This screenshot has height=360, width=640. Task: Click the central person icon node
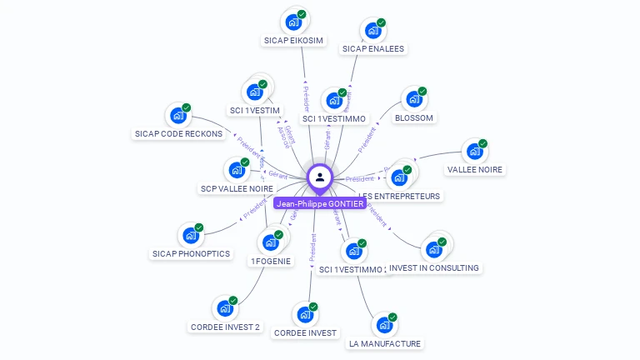point(320,177)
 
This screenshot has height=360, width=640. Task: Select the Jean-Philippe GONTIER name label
point(320,203)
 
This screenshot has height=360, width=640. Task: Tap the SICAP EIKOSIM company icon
point(292,20)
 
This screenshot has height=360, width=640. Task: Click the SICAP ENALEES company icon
point(372,30)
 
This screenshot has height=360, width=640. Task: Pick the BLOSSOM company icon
point(413,99)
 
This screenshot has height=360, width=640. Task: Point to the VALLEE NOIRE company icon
point(474,152)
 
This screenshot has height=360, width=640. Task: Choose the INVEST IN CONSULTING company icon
point(433,249)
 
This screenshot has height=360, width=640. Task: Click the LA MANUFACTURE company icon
point(384,325)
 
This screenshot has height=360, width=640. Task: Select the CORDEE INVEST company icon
point(305,315)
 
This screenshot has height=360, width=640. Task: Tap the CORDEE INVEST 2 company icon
point(224,308)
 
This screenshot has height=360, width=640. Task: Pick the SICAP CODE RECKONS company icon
point(177,115)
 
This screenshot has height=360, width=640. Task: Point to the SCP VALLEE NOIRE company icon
point(237,170)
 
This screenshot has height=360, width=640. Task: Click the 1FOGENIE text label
point(271,261)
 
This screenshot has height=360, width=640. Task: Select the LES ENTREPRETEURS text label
point(400,196)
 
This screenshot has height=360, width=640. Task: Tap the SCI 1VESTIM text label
point(254,110)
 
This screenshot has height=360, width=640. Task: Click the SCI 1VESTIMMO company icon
point(334,101)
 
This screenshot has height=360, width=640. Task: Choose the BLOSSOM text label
point(414,118)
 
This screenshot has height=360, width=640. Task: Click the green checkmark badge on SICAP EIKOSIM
point(302,13)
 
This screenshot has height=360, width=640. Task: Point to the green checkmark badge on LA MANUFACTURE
point(392,317)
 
